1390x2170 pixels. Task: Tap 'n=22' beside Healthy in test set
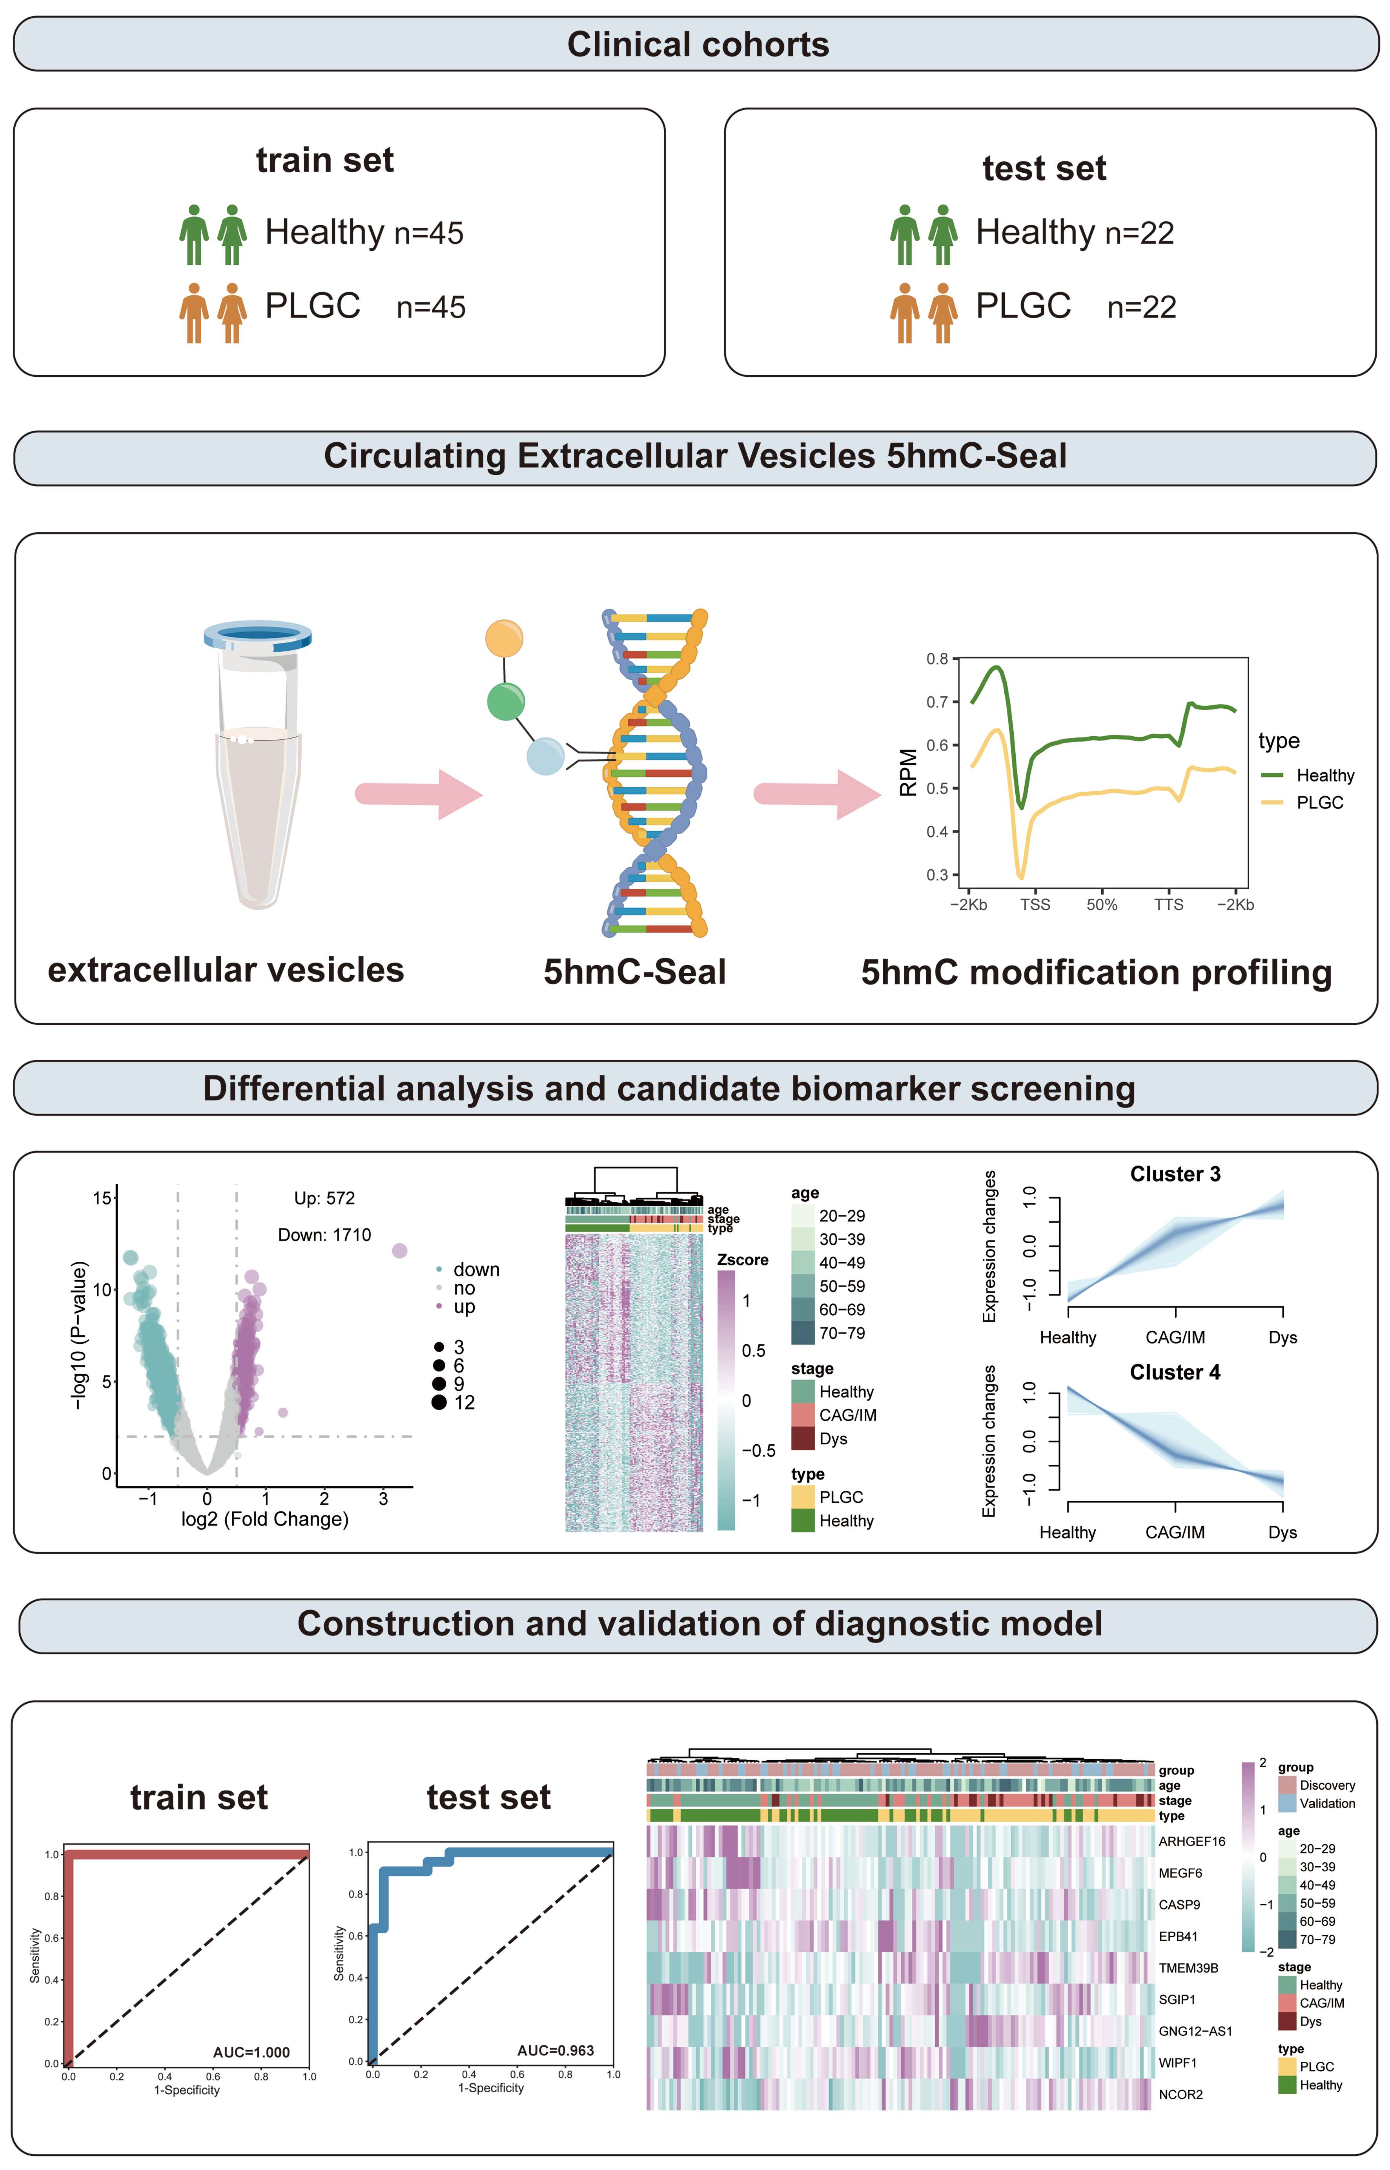pos(1139,233)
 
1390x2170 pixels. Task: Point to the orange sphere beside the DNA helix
pos(504,638)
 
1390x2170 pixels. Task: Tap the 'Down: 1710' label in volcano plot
pos(324,1235)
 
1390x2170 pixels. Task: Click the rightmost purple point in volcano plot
pos(400,1250)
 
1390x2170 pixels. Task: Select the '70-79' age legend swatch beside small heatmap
pos(802,1332)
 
